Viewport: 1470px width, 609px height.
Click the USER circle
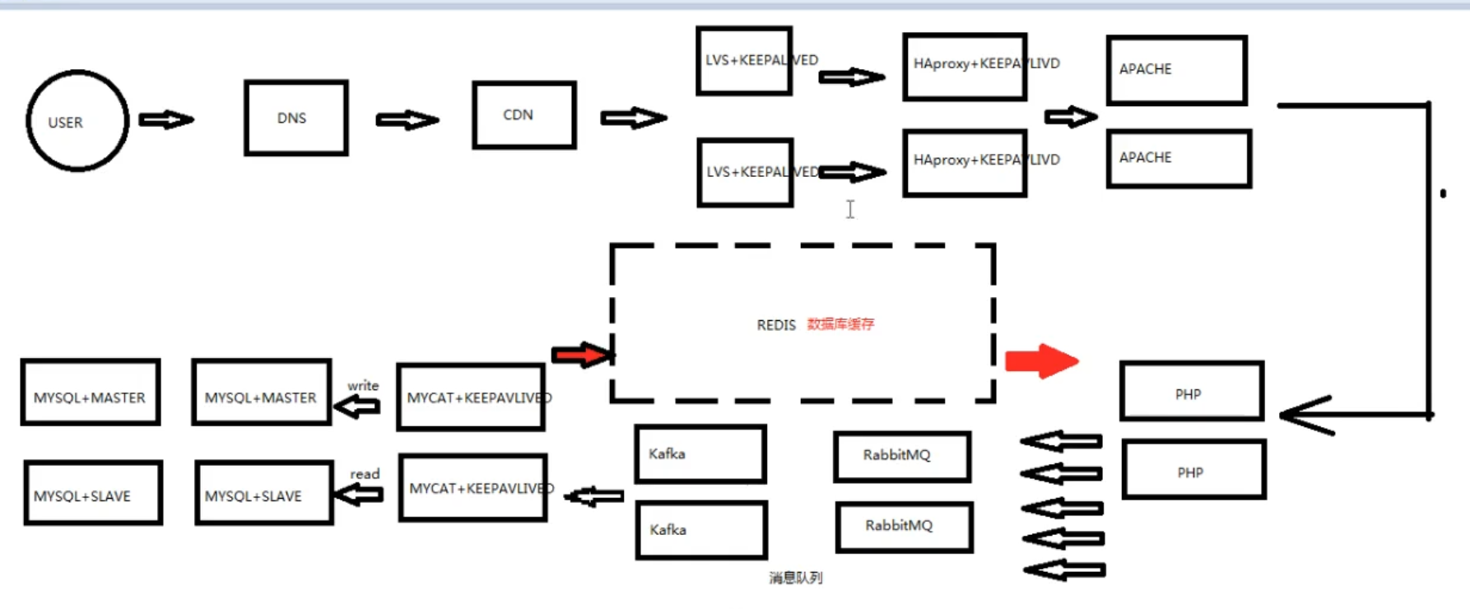point(77,121)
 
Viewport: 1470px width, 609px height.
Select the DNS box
point(295,118)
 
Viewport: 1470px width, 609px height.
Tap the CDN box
point(523,115)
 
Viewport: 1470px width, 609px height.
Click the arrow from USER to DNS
point(166,120)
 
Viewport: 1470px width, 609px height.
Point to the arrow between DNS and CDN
point(407,121)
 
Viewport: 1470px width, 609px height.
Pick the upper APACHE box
point(1176,70)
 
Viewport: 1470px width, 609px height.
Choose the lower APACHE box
point(1179,158)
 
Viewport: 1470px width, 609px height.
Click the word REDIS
point(776,325)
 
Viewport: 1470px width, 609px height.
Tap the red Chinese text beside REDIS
point(840,324)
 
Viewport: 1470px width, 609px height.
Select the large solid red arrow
point(1041,360)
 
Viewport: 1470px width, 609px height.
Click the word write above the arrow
point(363,385)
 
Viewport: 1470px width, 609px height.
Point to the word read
point(365,474)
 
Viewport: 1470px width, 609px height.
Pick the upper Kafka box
point(700,453)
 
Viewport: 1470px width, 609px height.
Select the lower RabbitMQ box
point(904,527)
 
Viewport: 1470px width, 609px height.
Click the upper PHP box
point(1191,392)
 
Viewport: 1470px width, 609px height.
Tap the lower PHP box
point(1193,470)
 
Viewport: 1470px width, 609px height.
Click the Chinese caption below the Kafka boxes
point(795,578)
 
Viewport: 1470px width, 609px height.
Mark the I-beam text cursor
point(850,210)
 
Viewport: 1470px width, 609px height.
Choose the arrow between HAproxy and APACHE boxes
point(1070,117)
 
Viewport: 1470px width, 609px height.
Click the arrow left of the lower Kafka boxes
point(594,496)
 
